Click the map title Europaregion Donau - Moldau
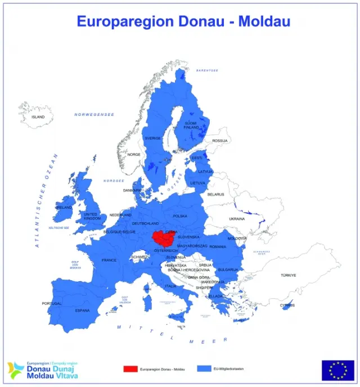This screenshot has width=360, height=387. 183,21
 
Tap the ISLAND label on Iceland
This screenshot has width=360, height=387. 38,117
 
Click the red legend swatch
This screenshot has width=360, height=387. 130,369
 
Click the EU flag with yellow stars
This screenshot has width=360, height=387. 337,370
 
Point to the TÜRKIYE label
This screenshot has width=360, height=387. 289,275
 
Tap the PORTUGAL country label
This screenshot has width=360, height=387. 52,304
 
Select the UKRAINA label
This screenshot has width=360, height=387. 237,218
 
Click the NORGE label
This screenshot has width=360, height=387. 134,154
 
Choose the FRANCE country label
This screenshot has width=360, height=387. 109,260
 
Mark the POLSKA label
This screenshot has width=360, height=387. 180,216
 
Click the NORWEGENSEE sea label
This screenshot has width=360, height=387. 94,114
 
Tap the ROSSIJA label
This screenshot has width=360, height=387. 220,141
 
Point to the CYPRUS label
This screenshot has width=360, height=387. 287,306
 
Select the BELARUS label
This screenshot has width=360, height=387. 215,194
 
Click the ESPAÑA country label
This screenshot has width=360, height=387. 83,310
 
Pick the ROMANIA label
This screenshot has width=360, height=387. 217,247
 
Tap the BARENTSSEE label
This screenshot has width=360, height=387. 206,70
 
